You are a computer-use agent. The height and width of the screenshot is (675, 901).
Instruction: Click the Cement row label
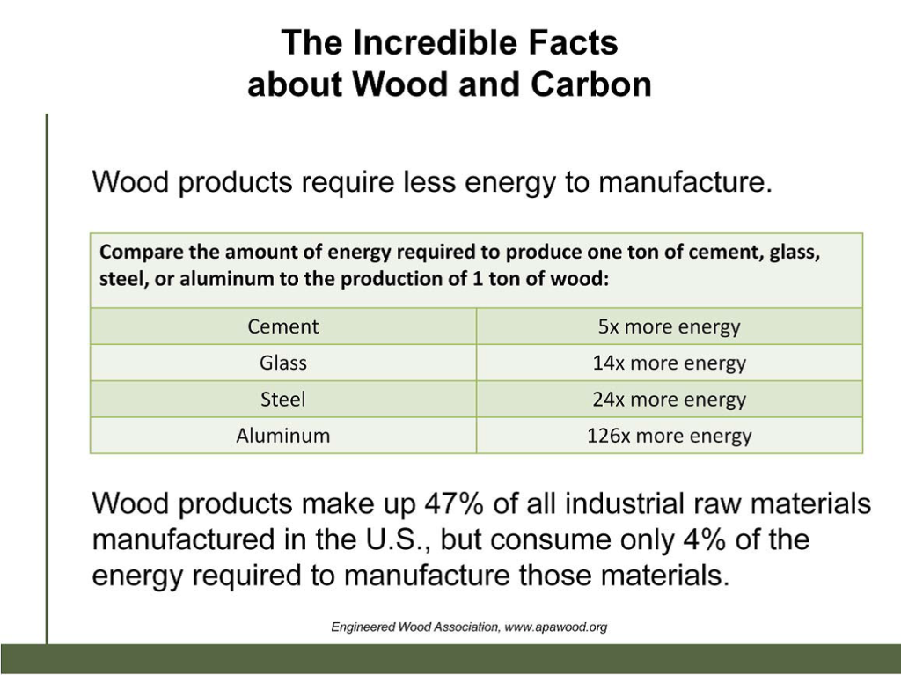(x=282, y=327)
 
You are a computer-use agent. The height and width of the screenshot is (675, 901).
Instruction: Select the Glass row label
(x=282, y=363)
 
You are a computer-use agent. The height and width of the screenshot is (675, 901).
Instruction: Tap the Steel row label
(x=282, y=400)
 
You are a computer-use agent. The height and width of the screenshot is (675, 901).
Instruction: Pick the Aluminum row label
(x=282, y=436)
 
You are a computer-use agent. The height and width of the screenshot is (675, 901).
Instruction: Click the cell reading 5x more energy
(x=669, y=327)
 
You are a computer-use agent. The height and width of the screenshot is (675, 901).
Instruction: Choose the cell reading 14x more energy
(x=669, y=363)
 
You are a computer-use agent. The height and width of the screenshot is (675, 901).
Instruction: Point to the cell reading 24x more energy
(x=669, y=400)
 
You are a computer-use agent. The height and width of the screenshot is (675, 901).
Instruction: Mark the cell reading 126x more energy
(x=669, y=436)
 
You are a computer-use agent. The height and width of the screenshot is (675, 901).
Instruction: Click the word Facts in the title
(x=577, y=42)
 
